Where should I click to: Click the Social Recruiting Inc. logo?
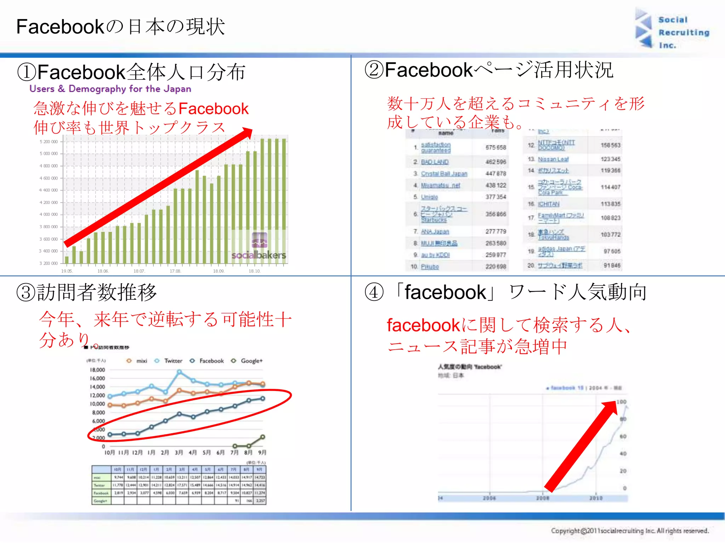click(x=672, y=32)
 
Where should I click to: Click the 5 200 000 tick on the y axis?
click(x=48, y=142)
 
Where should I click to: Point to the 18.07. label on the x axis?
click(x=139, y=271)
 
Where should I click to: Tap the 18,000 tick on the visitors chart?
click(x=97, y=370)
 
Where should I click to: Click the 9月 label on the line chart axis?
click(x=262, y=452)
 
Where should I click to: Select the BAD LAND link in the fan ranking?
click(x=435, y=162)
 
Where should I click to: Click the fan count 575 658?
click(x=496, y=147)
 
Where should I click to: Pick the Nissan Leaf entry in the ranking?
click(x=553, y=159)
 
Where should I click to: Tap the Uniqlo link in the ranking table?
click(x=429, y=197)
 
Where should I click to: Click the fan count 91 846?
click(x=612, y=265)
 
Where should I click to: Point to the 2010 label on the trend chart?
click(x=596, y=498)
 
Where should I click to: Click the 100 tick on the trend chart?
click(x=621, y=402)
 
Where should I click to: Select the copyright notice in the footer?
click(x=630, y=531)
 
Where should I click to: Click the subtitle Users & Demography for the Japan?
click(x=110, y=89)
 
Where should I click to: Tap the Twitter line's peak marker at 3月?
click(x=179, y=372)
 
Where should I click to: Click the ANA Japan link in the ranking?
click(x=435, y=232)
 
